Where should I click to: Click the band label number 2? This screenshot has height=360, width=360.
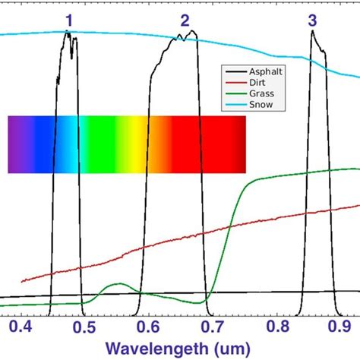[x=185, y=21]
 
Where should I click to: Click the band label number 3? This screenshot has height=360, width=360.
[x=313, y=21]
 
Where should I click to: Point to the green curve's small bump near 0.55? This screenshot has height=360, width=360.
[x=118, y=284]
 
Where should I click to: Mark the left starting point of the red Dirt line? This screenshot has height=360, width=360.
[x=23, y=280]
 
